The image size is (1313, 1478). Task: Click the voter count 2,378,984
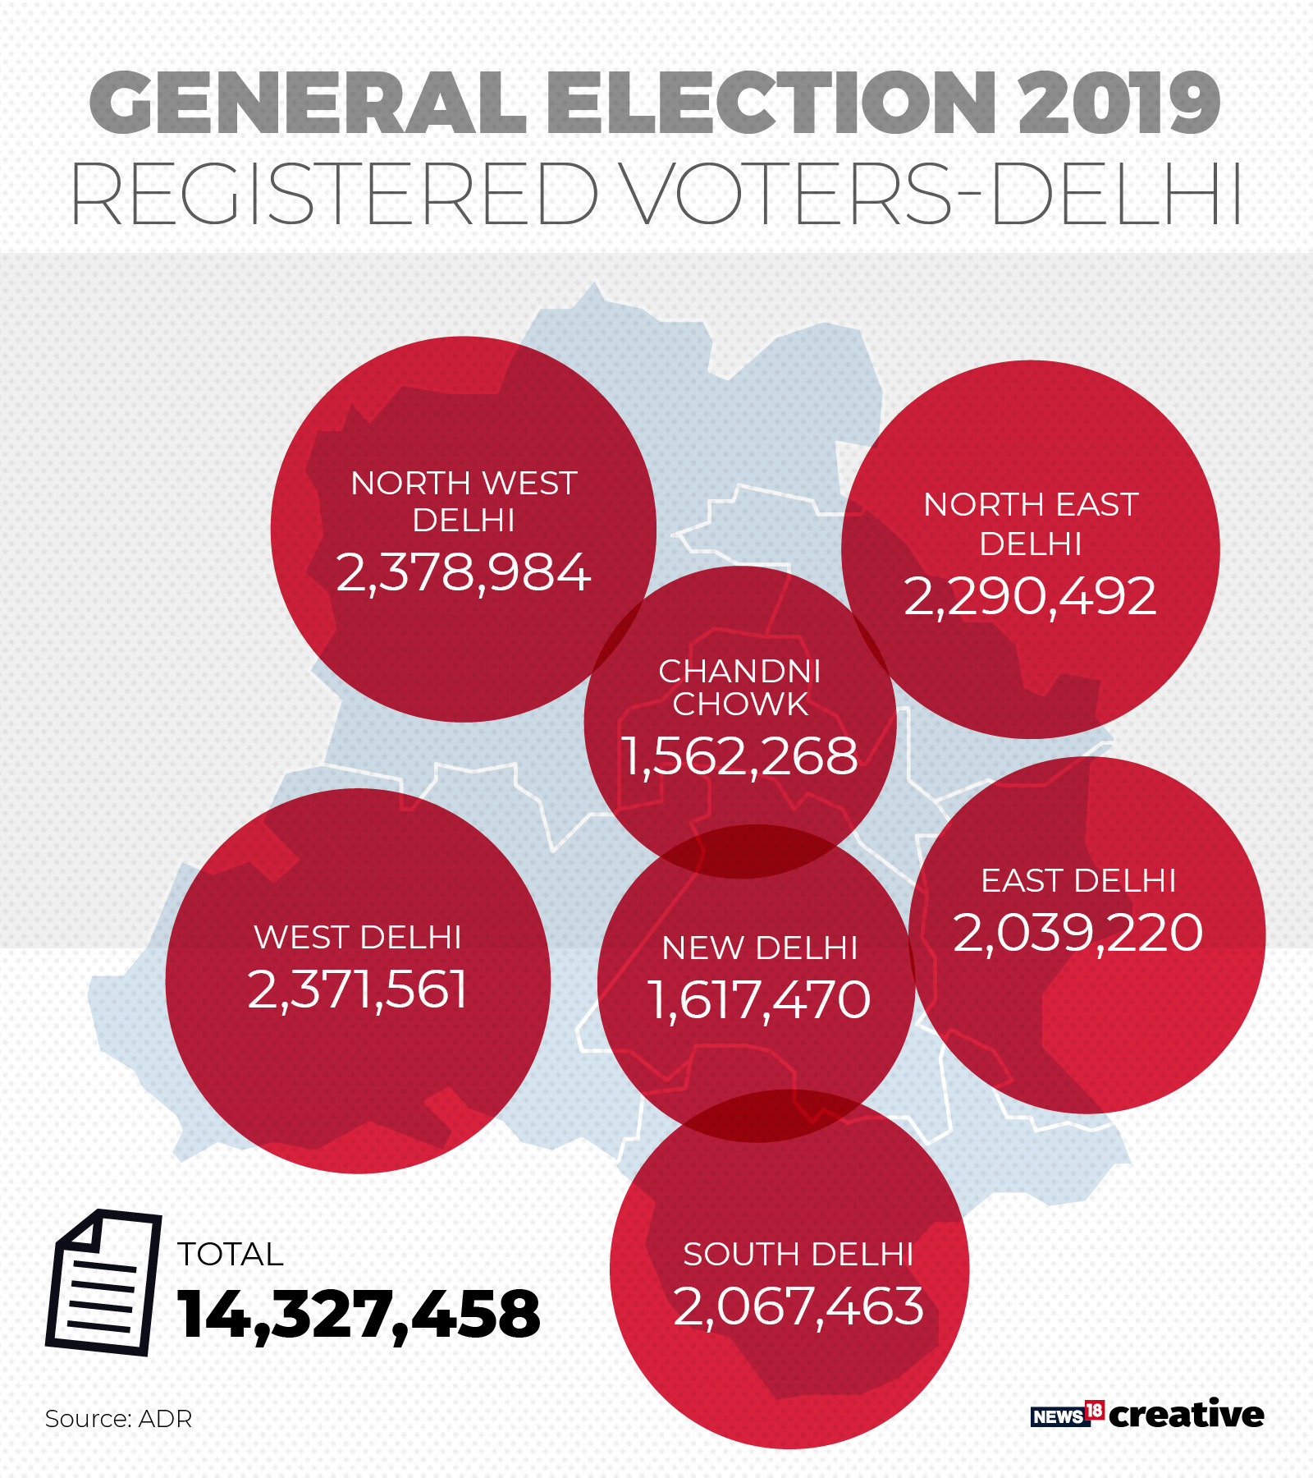point(464,572)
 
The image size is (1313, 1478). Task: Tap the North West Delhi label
point(464,501)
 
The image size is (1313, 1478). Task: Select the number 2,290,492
point(1030,596)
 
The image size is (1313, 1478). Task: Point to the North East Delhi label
point(1031,524)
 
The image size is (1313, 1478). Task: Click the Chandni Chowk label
point(739,688)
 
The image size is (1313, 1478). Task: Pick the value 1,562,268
point(739,755)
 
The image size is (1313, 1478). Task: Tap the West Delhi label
point(358,937)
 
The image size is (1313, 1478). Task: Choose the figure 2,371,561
point(358,989)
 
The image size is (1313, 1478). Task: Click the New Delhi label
point(760,948)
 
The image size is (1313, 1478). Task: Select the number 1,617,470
point(759,1000)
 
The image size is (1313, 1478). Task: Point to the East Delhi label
point(1078,881)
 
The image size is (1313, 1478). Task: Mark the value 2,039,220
point(1078,933)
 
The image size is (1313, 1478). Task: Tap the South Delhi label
point(798,1254)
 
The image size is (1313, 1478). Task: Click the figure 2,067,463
point(798,1306)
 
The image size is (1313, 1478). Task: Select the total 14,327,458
point(359,1314)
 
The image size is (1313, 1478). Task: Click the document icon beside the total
point(103,1282)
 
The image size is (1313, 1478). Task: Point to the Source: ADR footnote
point(118,1419)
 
